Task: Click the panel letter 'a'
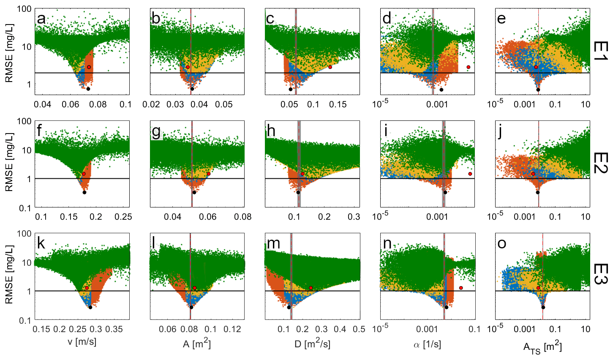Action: (41, 19)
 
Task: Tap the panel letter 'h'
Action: (271, 131)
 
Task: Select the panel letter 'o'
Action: (501, 244)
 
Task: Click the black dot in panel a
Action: (88, 89)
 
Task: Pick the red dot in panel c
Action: (330, 67)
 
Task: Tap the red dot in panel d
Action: (469, 67)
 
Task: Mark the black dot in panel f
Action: (84, 192)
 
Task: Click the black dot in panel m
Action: (289, 307)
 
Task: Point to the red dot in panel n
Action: (461, 288)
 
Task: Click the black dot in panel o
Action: (543, 307)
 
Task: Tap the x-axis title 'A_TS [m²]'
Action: (542, 347)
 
